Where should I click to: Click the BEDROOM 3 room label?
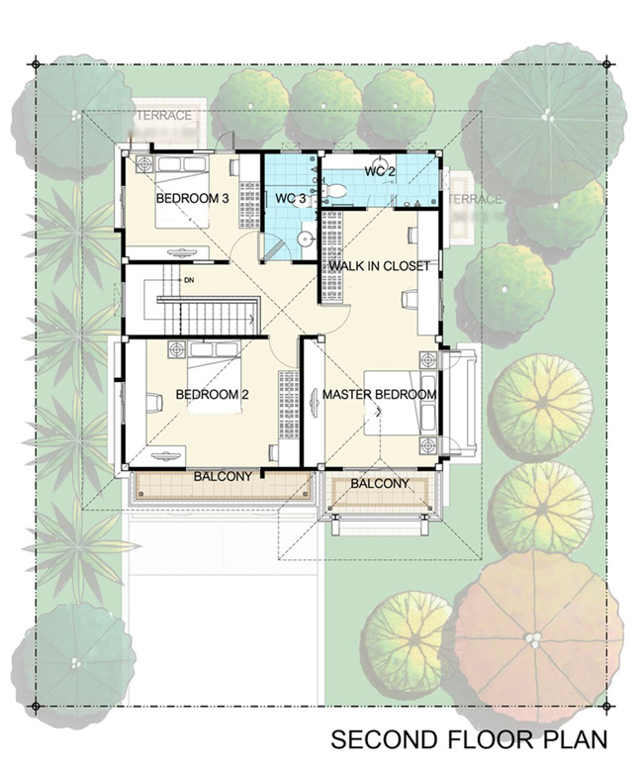click(192, 199)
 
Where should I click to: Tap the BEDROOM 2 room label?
click(212, 395)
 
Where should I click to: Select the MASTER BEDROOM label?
click(380, 394)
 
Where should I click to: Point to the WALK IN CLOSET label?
click(380, 266)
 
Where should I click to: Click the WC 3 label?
click(291, 199)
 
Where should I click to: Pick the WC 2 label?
click(380, 172)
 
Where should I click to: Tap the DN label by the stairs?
click(189, 281)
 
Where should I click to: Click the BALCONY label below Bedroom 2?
click(223, 476)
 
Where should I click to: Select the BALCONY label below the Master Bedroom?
click(380, 484)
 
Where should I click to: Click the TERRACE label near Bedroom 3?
click(164, 116)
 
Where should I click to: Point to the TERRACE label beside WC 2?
click(475, 199)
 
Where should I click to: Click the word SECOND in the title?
click(378, 739)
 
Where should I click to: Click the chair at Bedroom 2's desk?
click(154, 403)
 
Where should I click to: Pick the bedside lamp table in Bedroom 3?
click(144, 164)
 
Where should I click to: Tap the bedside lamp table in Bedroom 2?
click(177, 350)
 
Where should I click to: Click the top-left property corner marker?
click(36, 64)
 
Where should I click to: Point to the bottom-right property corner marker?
click(606, 707)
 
